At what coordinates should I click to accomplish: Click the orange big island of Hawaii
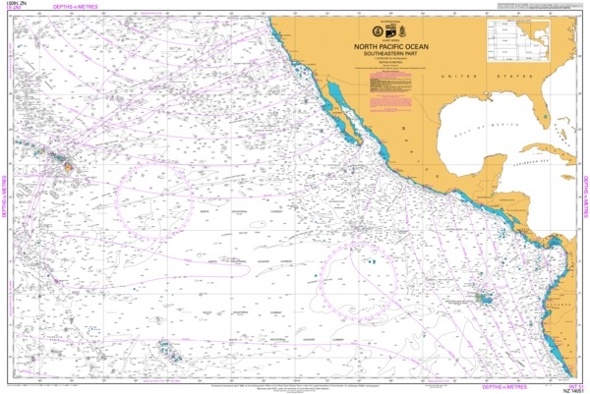pos(69,167)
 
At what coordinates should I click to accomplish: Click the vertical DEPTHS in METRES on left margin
pos(5,197)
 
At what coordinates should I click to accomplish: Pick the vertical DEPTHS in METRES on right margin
pos(584,197)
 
